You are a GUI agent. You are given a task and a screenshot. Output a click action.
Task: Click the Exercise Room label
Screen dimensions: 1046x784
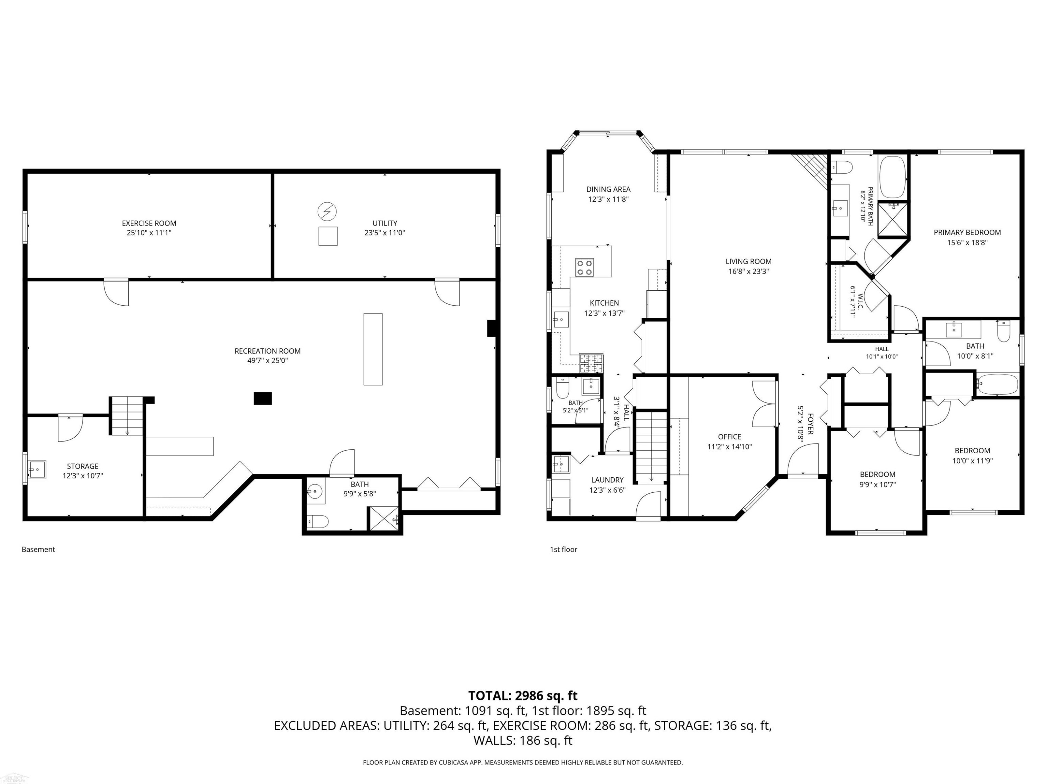(x=149, y=223)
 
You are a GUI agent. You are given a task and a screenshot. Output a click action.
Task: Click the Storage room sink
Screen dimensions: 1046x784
(x=37, y=469)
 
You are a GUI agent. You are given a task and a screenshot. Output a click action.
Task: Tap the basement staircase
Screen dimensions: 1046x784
(x=127, y=416)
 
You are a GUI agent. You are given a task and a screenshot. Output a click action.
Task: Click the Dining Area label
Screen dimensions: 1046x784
(x=608, y=189)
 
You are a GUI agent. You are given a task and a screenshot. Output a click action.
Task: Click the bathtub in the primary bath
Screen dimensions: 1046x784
(x=892, y=177)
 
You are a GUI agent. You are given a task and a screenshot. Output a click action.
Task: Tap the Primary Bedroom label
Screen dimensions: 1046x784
(x=967, y=232)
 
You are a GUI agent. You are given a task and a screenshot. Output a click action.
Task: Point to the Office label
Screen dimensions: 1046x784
(x=730, y=437)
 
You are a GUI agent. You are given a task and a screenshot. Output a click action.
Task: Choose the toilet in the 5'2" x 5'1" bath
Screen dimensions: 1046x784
(x=563, y=389)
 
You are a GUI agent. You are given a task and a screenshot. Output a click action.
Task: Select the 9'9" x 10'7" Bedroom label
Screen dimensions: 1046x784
(x=878, y=475)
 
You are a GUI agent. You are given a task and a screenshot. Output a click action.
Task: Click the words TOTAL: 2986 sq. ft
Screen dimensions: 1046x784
(x=523, y=695)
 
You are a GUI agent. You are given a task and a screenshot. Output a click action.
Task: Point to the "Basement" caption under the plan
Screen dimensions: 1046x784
(x=38, y=549)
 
